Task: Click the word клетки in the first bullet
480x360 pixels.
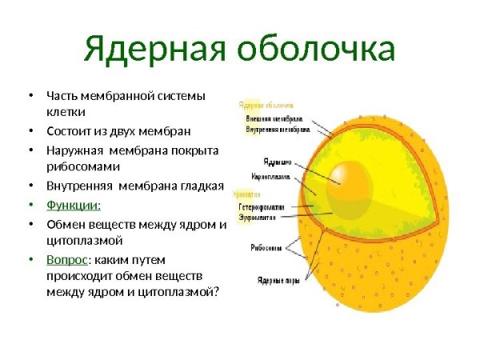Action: click(x=66, y=112)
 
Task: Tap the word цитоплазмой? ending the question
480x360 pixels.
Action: click(x=182, y=292)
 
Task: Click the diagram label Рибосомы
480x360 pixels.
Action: click(x=266, y=248)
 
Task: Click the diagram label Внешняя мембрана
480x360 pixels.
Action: click(x=274, y=118)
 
